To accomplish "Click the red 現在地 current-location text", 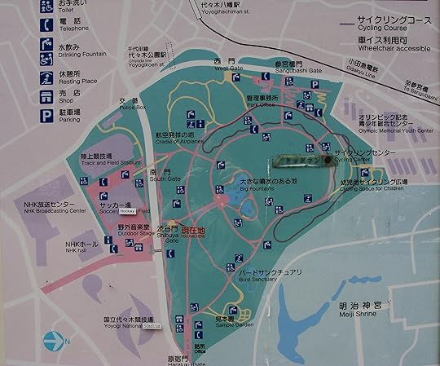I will click(x=193, y=231).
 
